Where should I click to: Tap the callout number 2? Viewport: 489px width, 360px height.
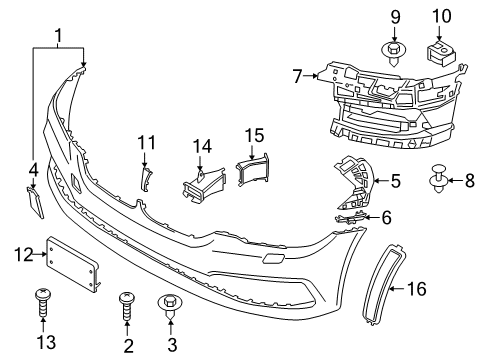point(128,346)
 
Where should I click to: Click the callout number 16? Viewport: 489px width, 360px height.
point(415,289)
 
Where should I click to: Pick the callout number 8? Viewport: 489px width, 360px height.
point(470,181)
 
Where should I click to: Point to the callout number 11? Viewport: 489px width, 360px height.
point(144,142)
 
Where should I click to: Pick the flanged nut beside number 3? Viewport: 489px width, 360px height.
point(167,305)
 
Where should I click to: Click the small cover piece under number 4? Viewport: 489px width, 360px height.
point(34,204)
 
